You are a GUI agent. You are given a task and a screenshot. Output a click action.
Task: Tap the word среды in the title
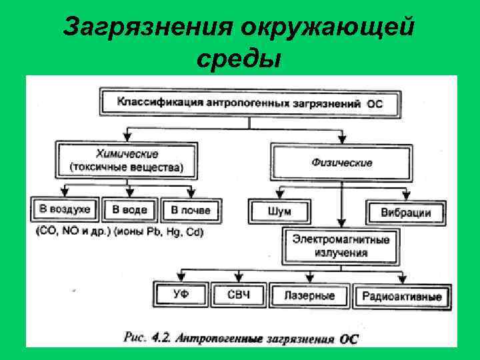point(239,59)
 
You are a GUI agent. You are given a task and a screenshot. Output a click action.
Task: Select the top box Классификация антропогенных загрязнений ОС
point(249,103)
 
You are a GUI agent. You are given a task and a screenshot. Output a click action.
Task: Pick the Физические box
point(342,162)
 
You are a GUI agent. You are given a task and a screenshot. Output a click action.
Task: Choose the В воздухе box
point(65,210)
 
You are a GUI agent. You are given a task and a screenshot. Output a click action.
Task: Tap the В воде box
point(129,210)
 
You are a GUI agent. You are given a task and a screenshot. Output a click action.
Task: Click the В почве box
point(191,210)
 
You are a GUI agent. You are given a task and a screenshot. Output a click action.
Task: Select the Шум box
point(280,211)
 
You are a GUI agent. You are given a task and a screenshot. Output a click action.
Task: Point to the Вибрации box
point(406,212)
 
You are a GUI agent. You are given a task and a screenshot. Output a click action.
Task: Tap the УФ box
point(181,295)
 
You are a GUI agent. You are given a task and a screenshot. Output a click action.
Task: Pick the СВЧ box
point(239,295)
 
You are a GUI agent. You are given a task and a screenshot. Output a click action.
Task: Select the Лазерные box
point(309,295)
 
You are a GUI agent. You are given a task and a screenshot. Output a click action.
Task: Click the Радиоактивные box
point(402,296)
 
